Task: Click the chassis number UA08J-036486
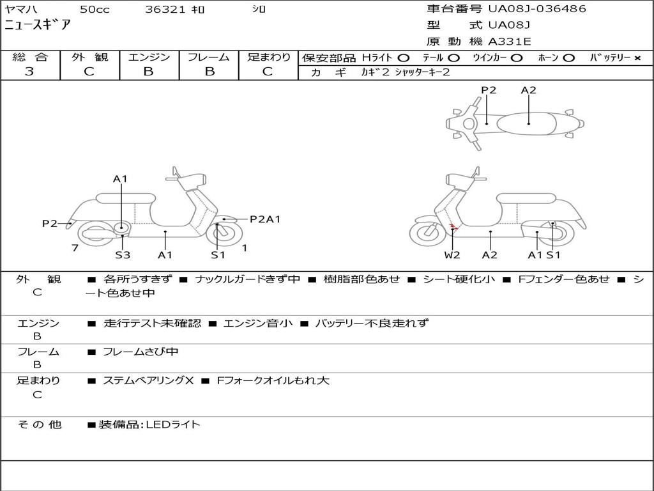tap(536, 9)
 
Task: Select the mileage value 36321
tap(165, 10)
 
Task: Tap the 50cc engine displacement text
tap(94, 10)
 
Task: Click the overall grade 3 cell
tap(29, 72)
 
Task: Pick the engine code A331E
tap(509, 42)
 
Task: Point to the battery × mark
tap(637, 58)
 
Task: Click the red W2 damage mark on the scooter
tap(453, 227)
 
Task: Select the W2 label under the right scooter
tap(452, 255)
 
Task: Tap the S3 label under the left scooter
tap(123, 255)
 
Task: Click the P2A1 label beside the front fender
tap(264, 219)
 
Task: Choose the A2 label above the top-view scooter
tap(528, 90)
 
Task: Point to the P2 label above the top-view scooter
tap(489, 90)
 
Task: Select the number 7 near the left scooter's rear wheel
tap(75, 248)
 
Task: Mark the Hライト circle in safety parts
tap(404, 58)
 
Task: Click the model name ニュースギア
tap(38, 26)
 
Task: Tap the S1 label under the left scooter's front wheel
tap(218, 255)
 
